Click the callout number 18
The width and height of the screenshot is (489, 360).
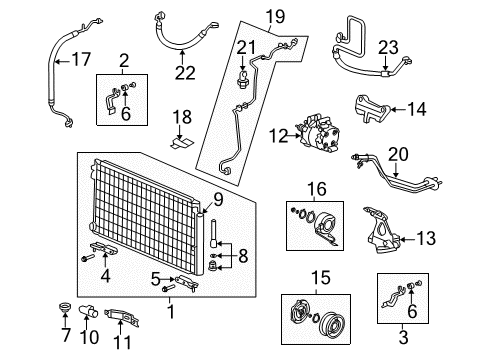181,118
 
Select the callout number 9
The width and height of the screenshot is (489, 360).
219,198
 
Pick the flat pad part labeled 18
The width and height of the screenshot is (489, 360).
180,142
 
